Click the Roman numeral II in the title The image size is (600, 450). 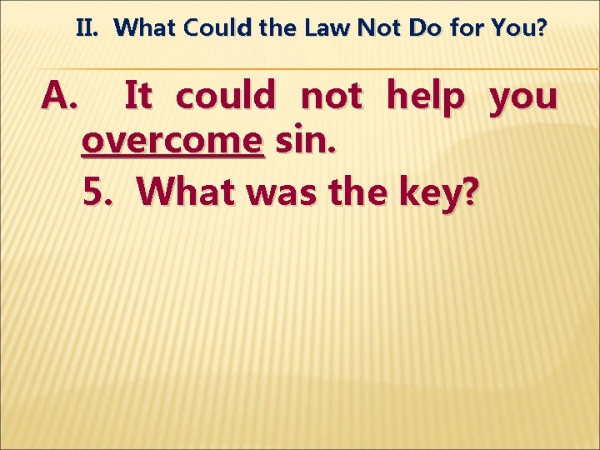[x=87, y=29]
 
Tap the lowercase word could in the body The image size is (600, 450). [x=225, y=97]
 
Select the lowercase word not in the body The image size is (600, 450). [x=331, y=97]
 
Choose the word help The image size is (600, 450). [x=426, y=97]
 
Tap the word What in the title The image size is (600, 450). [x=147, y=29]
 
